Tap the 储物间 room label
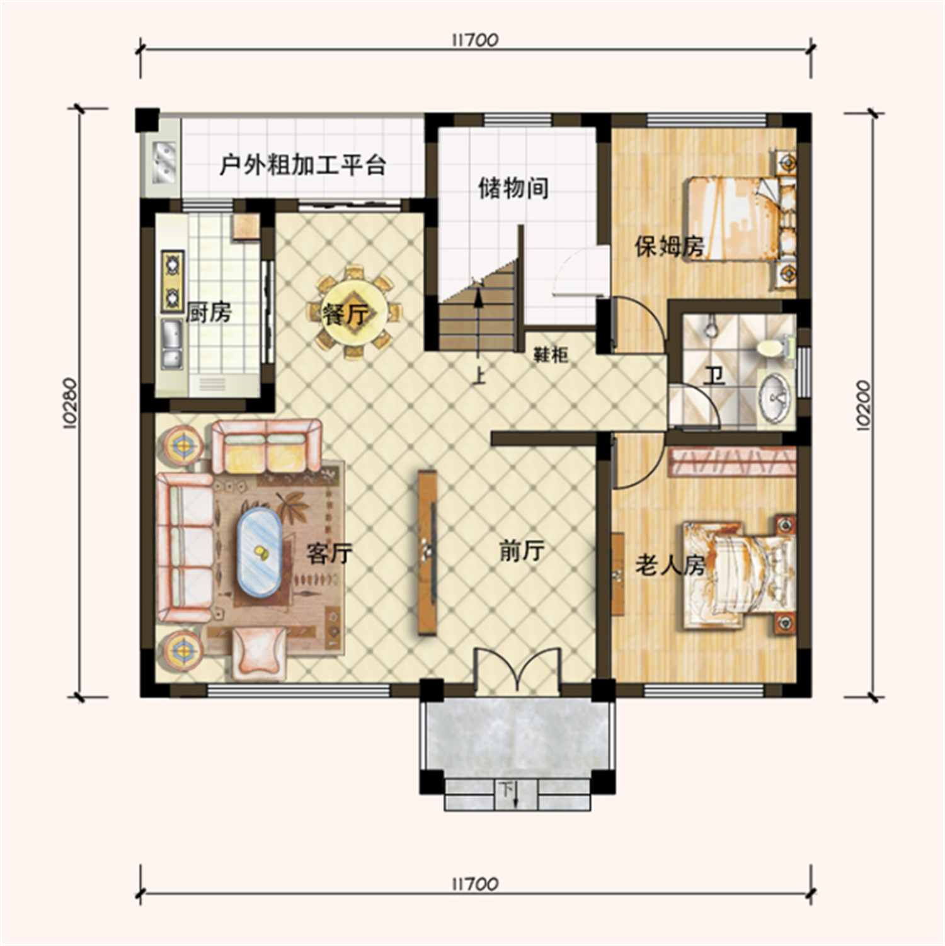coord(513,188)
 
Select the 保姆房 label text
coord(668,246)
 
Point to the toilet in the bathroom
coord(769,347)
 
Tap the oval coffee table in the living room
coord(259,552)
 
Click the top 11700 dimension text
coord(475,40)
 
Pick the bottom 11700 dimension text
coord(475,884)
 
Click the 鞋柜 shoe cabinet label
coord(551,355)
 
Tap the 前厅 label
coord(522,551)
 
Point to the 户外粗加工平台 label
coord(302,165)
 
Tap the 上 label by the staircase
coord(480,375)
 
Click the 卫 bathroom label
coord(714,376)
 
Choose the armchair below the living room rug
coord(259,654)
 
